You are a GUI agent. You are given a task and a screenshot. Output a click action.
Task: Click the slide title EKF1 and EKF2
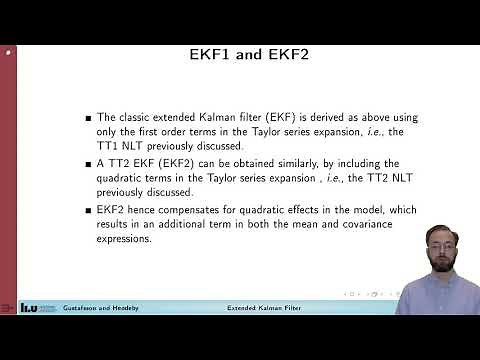pos(240,55)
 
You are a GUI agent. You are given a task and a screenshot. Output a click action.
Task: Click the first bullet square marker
pos(89,119)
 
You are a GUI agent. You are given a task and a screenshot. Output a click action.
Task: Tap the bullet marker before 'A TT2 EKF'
pos(89,164)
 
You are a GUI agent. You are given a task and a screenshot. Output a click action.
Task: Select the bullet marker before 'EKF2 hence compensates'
pos(89,210)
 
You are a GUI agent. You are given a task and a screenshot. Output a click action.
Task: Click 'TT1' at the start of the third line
pos(110,146)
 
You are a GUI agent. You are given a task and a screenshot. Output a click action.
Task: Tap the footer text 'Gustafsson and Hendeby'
pos(99,308)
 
